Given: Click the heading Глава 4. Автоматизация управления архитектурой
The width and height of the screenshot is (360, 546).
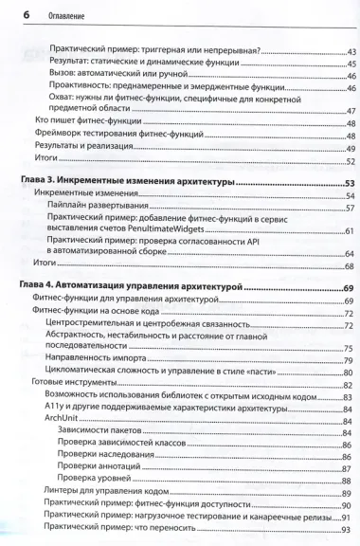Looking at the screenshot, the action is pos(136,286).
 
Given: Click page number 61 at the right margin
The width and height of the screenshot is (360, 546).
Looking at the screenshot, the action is pos(349,231).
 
